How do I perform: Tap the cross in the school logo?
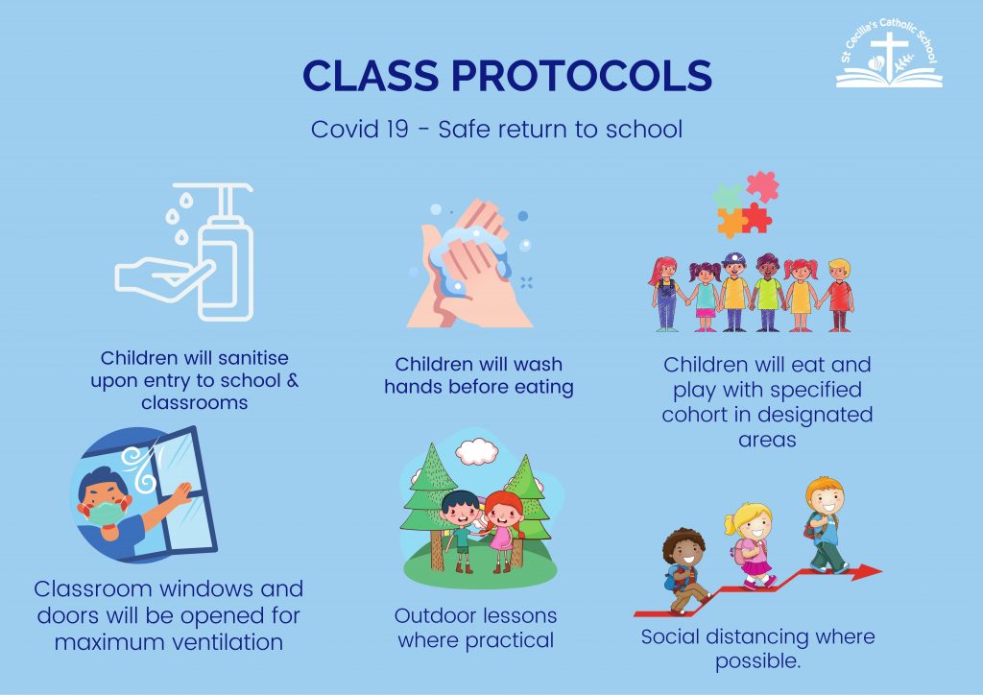point(889,55)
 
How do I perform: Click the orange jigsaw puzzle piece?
point(731,223)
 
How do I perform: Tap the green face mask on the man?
point(105,513)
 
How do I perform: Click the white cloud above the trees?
point(477,451)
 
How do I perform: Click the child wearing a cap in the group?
point(734,292)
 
